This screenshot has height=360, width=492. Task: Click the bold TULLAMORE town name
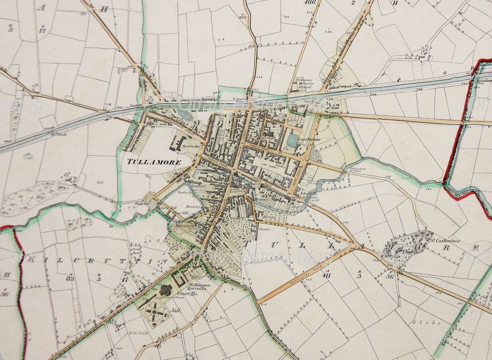click(154, 162)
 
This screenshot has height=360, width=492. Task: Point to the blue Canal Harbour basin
click(292, 140)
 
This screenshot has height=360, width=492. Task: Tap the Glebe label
click(426, 323)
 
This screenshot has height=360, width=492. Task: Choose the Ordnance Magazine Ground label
click(305, 83)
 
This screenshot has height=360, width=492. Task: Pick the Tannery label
click(264, 229)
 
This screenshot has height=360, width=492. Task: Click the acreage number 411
click(327, 275)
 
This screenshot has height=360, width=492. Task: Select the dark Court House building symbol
click(166, 290)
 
